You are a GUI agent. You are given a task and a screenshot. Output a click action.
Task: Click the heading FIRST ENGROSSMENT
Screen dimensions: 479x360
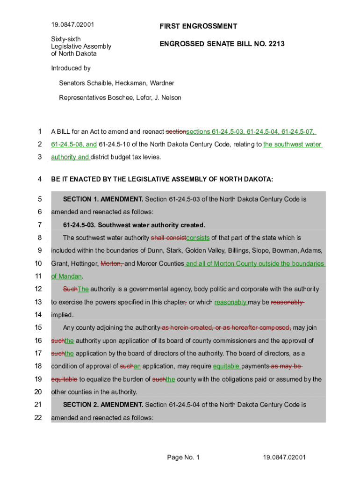click(x=198, y=27)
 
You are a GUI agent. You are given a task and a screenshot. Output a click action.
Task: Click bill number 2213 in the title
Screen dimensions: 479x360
click(x=276, y=44)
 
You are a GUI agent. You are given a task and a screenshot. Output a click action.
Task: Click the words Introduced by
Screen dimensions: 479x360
click(x=71, y=68)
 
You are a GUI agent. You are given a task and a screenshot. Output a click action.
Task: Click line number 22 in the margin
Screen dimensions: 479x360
click(x=38, y=418)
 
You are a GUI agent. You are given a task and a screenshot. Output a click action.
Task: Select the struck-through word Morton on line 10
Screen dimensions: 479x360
click(x=112, y=264)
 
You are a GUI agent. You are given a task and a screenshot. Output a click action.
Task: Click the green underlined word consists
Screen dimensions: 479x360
click(x=198, y=238)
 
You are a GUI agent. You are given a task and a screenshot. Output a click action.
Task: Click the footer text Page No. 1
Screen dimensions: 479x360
click(x=183, y=457)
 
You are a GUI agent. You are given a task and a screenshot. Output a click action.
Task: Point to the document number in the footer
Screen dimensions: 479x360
click(x=284, y=457)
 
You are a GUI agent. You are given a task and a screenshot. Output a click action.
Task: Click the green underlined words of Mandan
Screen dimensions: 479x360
click(x=66, y=276)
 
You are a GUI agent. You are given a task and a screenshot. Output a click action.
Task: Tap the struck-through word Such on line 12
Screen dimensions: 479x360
click(x=70, y=290)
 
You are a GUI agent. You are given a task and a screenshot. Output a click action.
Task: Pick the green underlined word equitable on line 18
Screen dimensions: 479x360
click(x=226, y=366)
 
